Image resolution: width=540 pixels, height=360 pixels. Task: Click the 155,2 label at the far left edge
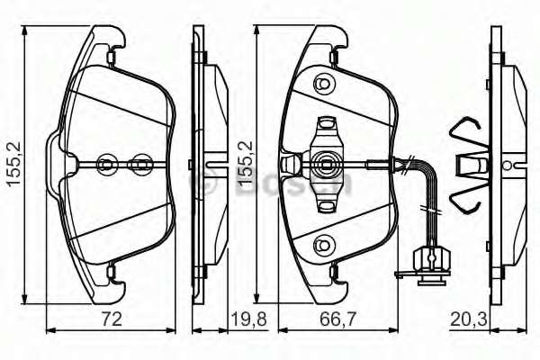pos(12,164)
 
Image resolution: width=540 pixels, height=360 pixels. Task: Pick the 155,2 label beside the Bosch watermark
pos(242,164)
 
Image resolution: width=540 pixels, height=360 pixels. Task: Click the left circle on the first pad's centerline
pos(105,164)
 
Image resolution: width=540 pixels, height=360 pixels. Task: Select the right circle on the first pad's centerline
pos(140,164)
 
